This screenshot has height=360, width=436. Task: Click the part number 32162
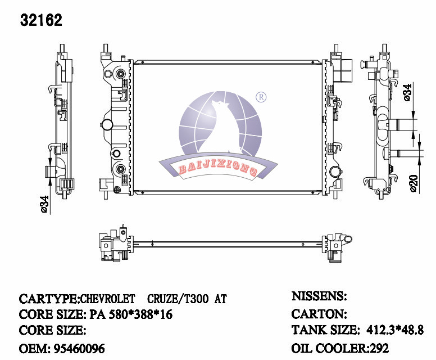(41, 20)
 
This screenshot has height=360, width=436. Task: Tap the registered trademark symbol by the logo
(261, 97)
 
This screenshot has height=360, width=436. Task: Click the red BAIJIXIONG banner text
(217, 168)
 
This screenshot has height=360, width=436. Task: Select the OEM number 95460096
(79, 349)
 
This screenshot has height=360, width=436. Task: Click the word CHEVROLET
(108, 299)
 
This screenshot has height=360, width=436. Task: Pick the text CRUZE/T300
(178, 299)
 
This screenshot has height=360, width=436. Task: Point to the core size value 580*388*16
(140, 314)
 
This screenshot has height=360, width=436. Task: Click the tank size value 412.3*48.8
(395, 330)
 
